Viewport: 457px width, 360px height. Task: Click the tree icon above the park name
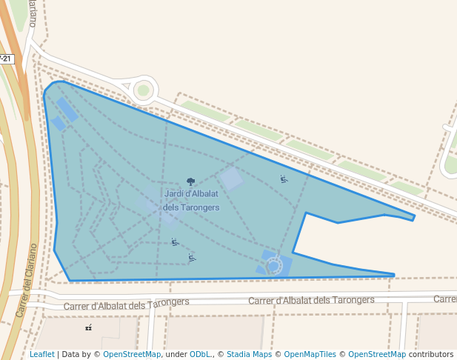pyautogui.click(x=190, y=181)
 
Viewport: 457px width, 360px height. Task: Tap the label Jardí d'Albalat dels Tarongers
pyautogui.click(x=191, y=201)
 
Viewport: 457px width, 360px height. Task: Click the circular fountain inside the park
pyautogui.click(x=274, y=265)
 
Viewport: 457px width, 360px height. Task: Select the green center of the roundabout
pyautogui.click(x=143, y=90)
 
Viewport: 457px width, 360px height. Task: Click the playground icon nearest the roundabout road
pyautogui.click(x=284, y=179)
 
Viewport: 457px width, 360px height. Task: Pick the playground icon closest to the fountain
pyautogui.click(x=192, y=258)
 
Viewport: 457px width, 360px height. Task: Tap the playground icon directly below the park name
pyautogui.click(x=175, y=241)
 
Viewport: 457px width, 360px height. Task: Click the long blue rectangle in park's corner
pyautogui.click(x=67, y=110)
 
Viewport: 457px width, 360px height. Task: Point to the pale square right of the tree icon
pyautogui.click(x=230, y=179)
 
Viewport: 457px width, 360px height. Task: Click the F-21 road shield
pyautogui.click(x=6, y=59)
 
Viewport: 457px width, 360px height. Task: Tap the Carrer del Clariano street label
pyautogui.click(x=27, y=280)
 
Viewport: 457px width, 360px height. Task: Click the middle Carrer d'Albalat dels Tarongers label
pyautogui.click(x=311, y=300)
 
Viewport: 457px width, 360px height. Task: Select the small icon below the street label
pyautogui.click(x=89, y=327)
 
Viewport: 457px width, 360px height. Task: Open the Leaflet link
pyautogui.click(x=42, y=355)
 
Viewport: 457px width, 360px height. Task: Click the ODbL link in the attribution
pyautogui.click(x=200, y=355)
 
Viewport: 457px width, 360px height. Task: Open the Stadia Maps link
pyautogui.click(x=249, y=355)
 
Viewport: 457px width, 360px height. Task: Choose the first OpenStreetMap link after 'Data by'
pyautogui.click(x=132, y=355)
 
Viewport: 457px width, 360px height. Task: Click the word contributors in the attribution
pyautogui.click(x=431, y=355)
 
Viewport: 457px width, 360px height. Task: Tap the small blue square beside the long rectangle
pyautogui.click(x=58, y=124)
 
